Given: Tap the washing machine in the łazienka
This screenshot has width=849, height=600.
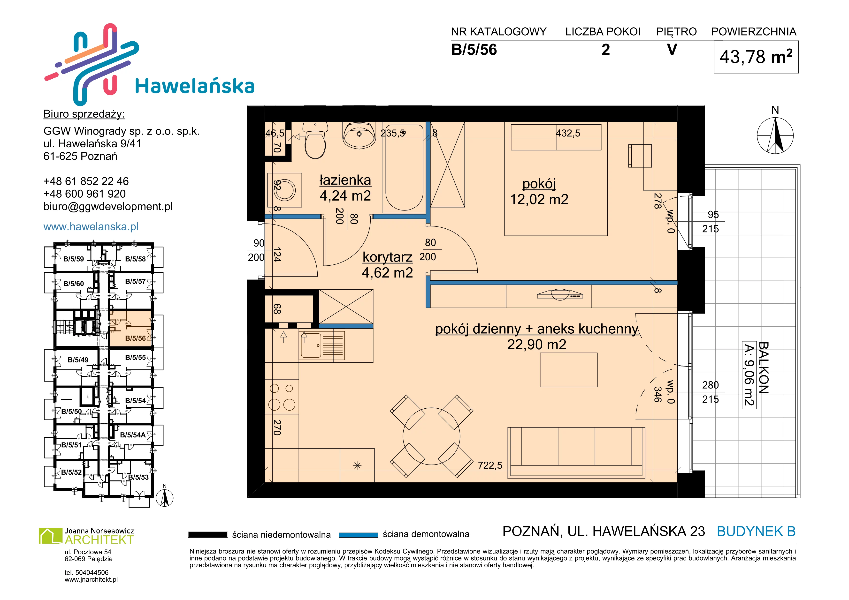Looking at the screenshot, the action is (x=284, y=190).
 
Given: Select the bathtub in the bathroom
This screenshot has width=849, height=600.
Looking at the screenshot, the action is (x=404, y=168).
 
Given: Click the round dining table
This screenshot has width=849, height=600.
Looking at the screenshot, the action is (x=432, y=436).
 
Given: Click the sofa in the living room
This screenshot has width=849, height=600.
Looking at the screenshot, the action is (x=576, y=453).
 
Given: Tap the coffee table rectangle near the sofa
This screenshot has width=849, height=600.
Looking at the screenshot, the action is (x=569, y=370).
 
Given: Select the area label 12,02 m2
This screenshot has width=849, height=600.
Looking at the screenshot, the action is (x=539, y=200).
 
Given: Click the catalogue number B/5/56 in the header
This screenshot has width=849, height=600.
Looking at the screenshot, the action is (x=474, y=50).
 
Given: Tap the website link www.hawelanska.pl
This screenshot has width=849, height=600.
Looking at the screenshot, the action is (x=91, y=226).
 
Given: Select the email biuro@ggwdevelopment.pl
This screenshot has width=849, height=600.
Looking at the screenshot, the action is (x=108, y=207).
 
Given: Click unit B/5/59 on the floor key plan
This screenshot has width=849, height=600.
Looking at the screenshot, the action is (x=74, y=259).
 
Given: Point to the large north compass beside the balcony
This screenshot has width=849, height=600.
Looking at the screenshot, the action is (x=775, y=135).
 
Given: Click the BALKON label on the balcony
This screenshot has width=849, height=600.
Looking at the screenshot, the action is (x=764, y=367).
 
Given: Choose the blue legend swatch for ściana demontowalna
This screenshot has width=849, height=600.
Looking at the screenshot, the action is (x=358, y=535).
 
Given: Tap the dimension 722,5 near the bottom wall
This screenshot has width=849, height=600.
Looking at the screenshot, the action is (x=490, y=465).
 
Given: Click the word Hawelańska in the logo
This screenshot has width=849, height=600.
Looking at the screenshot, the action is (x=195, y=86).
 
